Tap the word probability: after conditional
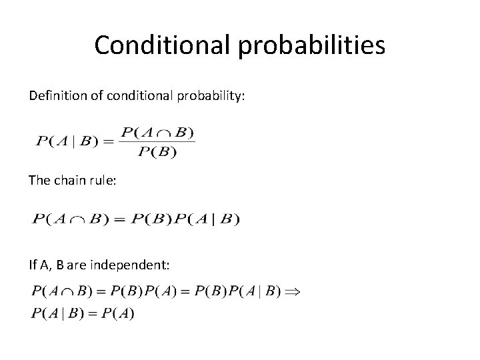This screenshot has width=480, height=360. click(x=212, y=97)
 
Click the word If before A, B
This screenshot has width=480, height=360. click(x=33, y=265)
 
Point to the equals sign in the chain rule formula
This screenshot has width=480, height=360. click(x=121, y=219)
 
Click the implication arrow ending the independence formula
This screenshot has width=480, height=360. click(x=293, y=293)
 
